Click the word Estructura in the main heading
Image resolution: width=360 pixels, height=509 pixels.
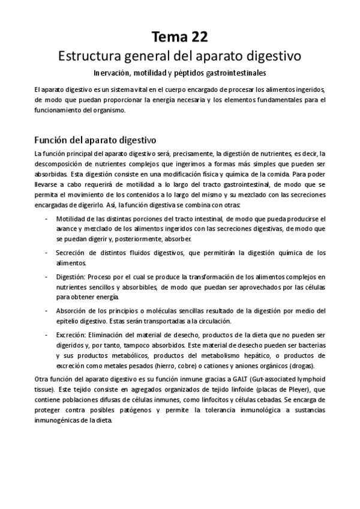pyautogui.click(x=88, y=57)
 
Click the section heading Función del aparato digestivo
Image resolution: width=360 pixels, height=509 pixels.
pyautogui.click(x=95, y=140)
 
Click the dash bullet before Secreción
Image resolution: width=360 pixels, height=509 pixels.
pyautogui.click(x=47, y=253)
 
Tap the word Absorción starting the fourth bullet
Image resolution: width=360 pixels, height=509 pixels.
pyautogui.click(x=72, y=311)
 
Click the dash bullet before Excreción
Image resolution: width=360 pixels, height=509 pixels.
pyautogui.click(x=47, y=334)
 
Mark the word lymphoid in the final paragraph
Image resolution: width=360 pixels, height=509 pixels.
pyautogui.click(x=310, y=379)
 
